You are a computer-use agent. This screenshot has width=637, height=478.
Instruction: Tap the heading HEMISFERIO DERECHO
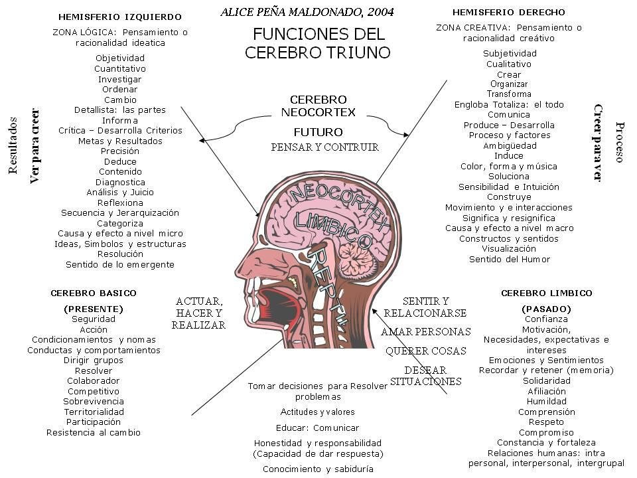coord(508,13)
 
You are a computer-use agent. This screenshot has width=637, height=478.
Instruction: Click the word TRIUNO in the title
coord(356,52)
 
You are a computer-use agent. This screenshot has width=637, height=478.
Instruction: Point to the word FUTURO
coord(318,132)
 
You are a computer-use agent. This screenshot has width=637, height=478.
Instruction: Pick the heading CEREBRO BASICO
coord(94,293)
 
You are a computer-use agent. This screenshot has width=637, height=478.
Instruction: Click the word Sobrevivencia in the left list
coord(94,401)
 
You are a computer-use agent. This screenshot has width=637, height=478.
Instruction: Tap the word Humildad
coord(546,401)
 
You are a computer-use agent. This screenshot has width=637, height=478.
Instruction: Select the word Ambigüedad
coord(510,145)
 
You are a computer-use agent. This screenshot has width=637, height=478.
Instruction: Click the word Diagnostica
coord(120,182)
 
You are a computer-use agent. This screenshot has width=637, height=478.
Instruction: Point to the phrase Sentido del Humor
coord(510,259)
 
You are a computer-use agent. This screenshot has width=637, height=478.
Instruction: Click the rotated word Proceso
coord(620,141)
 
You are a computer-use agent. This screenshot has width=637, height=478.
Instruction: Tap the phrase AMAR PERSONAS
coord(425,331)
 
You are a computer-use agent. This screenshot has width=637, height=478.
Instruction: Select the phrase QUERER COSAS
coord(425,351)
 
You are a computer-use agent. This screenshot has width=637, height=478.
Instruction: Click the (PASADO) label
coord(546,309)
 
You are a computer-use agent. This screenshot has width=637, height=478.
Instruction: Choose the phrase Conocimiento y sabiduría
coord(318,469)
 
